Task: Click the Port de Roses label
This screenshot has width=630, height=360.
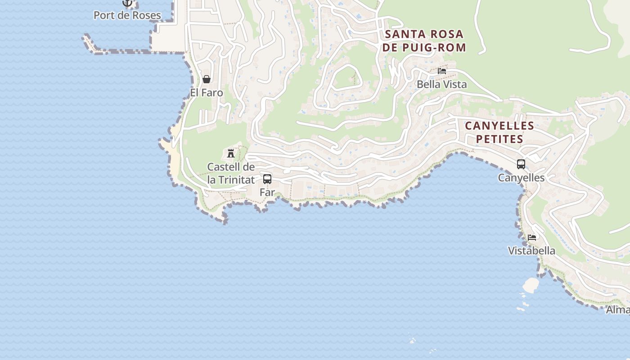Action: [127, 15]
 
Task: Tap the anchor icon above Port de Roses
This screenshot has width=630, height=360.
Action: [127, 3]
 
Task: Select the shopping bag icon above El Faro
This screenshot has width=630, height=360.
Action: [207, 80]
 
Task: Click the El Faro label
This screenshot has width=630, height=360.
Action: [207, 93]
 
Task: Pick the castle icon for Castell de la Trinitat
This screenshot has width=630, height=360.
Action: [231, 153]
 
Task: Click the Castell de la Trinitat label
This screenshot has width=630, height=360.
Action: [231, 173]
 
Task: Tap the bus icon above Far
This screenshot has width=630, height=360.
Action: [267, 179]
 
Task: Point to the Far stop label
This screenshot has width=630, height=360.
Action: [267, 192]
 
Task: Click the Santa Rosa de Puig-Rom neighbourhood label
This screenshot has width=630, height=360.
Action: [424, 40]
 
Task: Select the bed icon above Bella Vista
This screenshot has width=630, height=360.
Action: [442, 71]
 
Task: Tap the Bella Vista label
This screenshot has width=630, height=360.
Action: [442, 84]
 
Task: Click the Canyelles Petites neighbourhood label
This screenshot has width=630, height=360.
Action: [499, 132]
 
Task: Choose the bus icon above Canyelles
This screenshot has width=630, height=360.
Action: [521, 164]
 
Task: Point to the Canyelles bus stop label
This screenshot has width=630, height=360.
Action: [521, 178]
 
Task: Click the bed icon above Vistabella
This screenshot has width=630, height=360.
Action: [532, 238]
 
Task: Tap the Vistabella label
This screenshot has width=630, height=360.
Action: [531, 251]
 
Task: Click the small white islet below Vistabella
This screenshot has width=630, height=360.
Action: [531, 284]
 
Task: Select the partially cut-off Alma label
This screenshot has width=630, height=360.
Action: [618, 310]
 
